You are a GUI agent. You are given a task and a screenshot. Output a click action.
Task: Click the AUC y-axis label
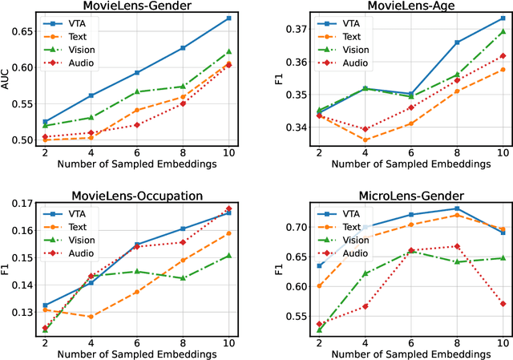[x=7, y=78]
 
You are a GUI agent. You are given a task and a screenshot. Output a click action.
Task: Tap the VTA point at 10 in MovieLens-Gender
[x=228, y=18]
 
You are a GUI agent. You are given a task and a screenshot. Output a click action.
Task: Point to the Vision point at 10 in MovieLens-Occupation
[x=228, y=256]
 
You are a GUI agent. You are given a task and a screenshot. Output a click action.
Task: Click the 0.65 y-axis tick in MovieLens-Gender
[x=22, y=31]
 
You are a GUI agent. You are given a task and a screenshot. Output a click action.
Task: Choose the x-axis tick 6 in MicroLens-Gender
[x=411, y=342]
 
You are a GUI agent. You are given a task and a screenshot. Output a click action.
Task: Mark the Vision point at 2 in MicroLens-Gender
[x=320, y=330]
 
